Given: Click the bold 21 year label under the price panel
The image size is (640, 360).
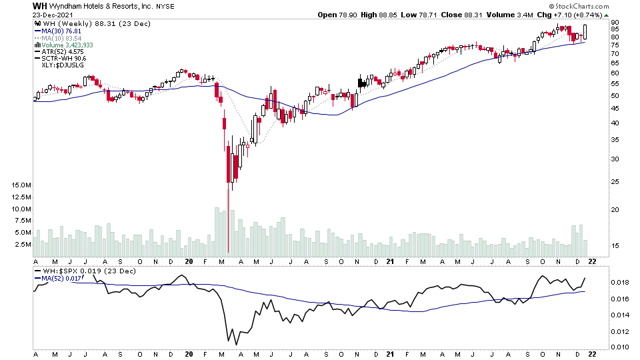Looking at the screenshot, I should click(x=391, y=261).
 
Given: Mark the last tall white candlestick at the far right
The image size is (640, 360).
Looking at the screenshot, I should click(x=585, y=33).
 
